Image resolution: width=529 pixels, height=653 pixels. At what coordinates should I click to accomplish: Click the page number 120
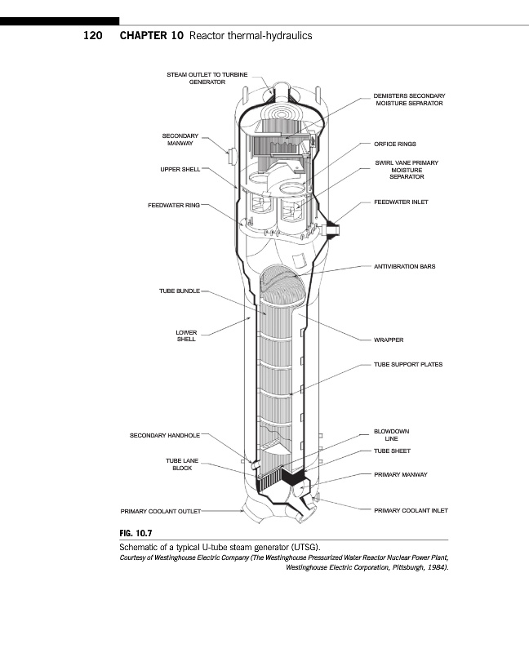(94, 37)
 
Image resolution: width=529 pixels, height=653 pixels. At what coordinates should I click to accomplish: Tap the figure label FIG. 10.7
(140, 532)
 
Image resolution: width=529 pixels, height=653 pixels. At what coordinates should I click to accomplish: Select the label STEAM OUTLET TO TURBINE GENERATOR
(207, 78)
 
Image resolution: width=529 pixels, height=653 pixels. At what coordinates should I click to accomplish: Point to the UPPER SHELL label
(180, 169)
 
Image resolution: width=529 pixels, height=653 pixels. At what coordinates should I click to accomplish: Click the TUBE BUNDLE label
(179, 291)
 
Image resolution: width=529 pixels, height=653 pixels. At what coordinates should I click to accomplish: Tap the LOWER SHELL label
(186, 335)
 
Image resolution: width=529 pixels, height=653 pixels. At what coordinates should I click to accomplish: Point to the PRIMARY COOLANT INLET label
(411, 510)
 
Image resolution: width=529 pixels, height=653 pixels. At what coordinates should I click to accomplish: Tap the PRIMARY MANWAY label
(401, 474)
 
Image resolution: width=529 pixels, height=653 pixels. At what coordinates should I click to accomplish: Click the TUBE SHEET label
(392, 451)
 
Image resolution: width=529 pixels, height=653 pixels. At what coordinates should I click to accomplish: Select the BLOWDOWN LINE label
(391, 434)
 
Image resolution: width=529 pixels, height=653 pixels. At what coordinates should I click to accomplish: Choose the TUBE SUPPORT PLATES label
(408, 364)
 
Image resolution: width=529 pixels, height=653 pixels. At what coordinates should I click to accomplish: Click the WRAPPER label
(389, 340)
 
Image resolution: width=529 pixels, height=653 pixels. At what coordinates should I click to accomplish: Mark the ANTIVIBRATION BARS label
(404, 266)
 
